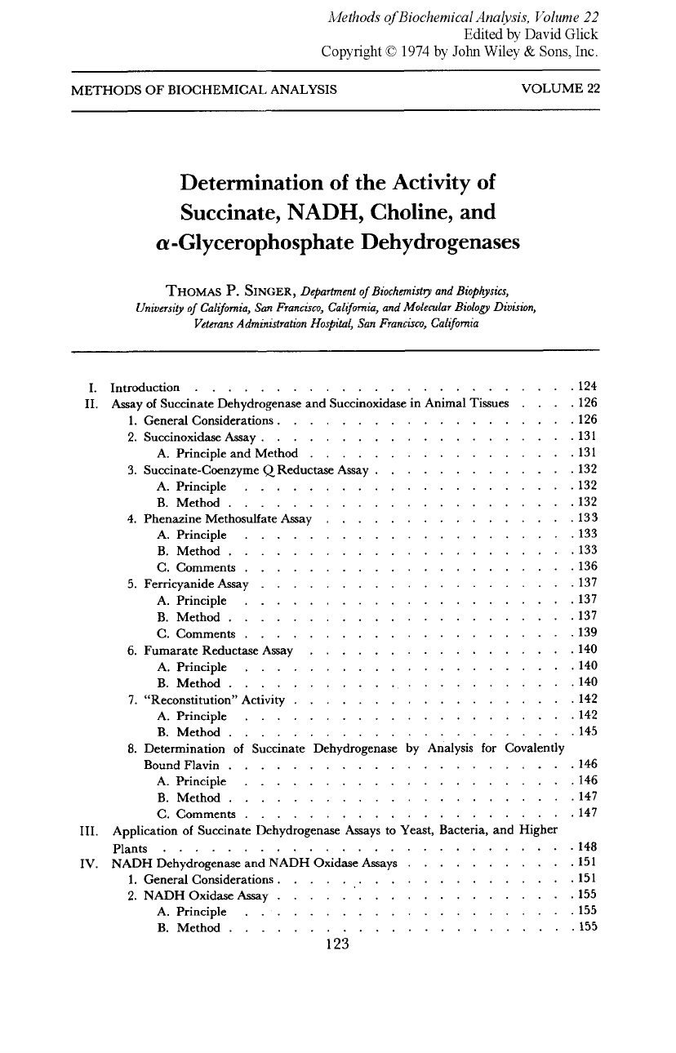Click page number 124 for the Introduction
588,386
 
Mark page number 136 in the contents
588,566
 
